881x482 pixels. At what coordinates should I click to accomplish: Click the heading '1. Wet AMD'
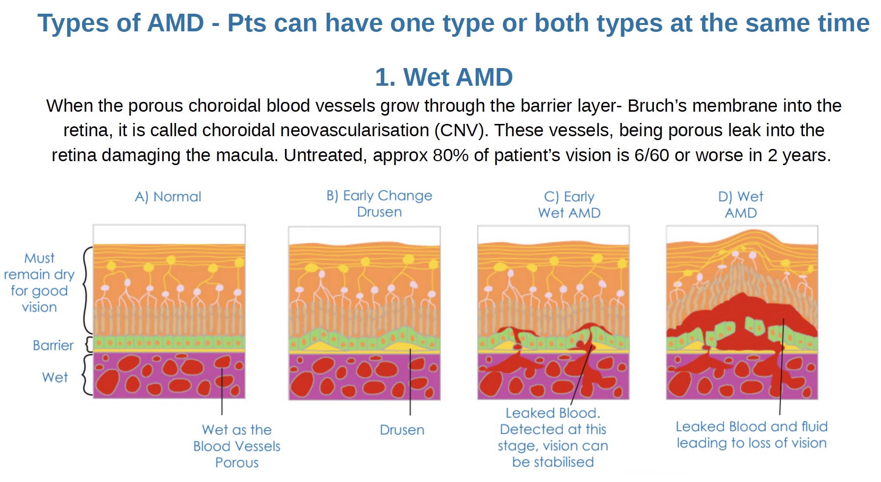(x=444, y=77)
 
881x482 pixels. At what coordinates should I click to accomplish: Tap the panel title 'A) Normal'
(x=168, y=197)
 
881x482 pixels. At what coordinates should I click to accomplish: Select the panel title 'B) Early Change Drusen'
(x=379, y=204)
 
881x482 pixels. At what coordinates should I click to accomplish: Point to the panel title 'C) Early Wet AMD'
(x=569, y=205)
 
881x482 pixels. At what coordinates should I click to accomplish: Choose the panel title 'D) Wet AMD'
(x=741, y=205)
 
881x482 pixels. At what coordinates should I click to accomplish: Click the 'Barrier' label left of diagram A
(x=53, y=345)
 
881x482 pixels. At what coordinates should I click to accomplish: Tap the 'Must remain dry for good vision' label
(x=39, y=283)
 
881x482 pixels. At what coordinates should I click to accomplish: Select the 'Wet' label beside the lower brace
(x=55, y=377)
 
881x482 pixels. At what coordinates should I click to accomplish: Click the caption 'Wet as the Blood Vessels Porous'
(x=237, y=446)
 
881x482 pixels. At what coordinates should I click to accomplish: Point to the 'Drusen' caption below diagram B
(x=402, y=430)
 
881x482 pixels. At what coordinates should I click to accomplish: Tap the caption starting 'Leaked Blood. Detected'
(x=553, y=437)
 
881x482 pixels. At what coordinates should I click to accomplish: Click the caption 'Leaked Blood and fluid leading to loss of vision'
(x=751, y=434)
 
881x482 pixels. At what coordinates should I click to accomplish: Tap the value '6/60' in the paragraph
(x=651, y=155)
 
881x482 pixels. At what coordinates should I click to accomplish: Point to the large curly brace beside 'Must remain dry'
(x=87, y=290)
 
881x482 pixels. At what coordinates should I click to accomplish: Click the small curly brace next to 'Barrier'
(x=89, y=344)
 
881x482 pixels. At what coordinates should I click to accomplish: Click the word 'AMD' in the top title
(x=176, y=23)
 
